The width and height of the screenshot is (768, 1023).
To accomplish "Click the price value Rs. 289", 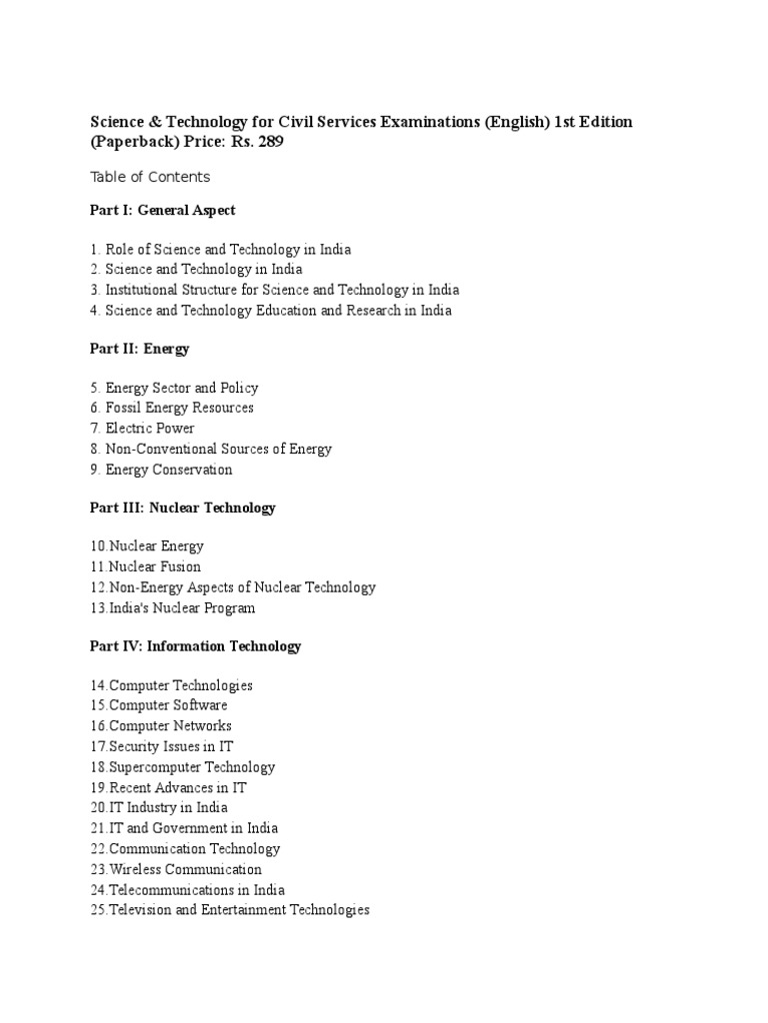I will (259, 142).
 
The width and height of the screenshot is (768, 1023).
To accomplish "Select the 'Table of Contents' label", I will (150, 177).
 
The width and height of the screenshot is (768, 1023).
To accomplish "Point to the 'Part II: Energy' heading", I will (140, 349).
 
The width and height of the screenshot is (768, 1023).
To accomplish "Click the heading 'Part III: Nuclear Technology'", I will (183, 508).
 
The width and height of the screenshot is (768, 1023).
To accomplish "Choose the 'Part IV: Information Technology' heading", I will (196, 646).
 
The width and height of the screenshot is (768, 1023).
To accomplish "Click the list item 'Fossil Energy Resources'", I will (179, 408).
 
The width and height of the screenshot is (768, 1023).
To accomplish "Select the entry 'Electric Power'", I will (150, 429).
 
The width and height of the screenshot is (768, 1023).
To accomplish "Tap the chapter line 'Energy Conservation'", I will (168, 470).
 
